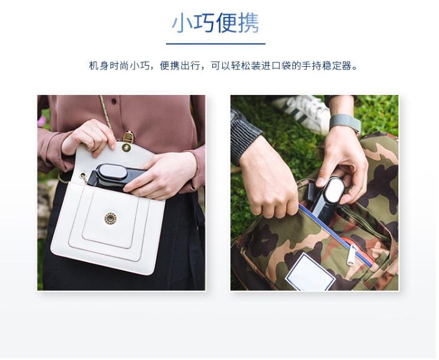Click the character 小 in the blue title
click(182, 23)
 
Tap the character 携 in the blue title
click(249, 23)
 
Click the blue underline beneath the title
click(215, 44)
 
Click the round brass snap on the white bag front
click(111, 218)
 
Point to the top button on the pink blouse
click(114, 101)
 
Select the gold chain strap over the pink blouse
click(106, 112)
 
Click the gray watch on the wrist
click(345, 122)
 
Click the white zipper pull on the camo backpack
click(352, 254)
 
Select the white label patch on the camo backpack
click(310, 271)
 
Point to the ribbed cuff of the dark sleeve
click(244, 137)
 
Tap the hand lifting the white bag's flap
click(89, 137)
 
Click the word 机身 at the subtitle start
click(99, 66)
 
